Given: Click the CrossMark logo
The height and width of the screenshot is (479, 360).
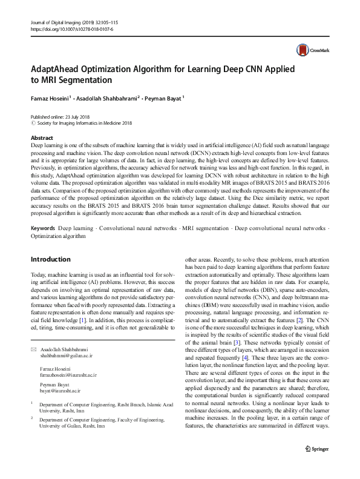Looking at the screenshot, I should [x=308, y=50].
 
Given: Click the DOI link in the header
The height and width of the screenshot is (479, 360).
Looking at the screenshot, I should [x=71, y=28].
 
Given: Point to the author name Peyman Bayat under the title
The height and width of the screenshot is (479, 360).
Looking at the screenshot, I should [x=166, y=98].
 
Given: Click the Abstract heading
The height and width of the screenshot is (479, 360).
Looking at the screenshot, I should [x=42, y=138].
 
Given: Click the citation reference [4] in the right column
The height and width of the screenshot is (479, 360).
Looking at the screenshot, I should [x=244, y=357].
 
